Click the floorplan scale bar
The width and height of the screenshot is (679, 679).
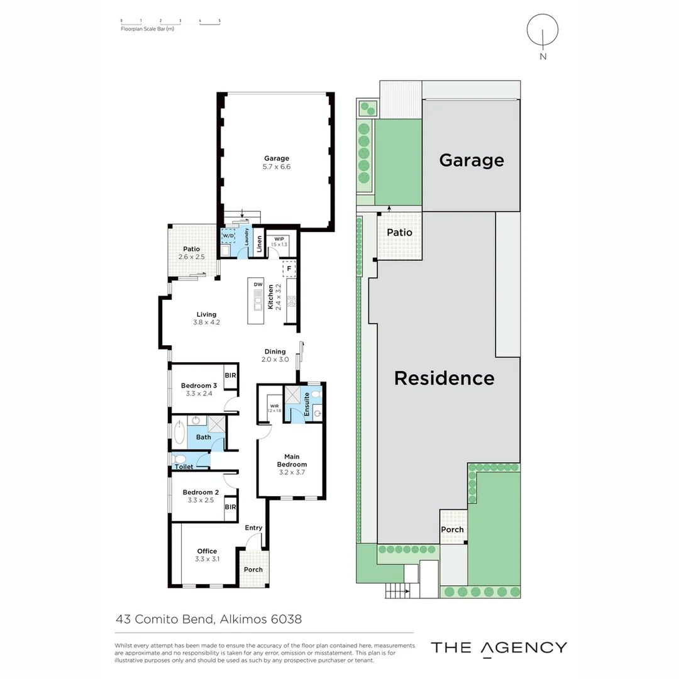(x=170, y=23)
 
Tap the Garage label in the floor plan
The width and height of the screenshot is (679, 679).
(x=277, y=158)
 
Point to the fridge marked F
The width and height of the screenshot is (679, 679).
(x=289, y=268)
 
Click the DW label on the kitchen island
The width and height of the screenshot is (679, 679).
(x=257, y=285)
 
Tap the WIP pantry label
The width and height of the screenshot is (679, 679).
(x=279, y=239)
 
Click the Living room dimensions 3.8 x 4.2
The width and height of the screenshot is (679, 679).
(x=206, y=323)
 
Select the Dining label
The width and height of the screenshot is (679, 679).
(x=275, y=351)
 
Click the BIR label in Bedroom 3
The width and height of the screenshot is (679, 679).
(x=230, y=375)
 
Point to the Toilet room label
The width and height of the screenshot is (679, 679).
(x=184, y=466)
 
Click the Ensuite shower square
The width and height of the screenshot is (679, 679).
(x=292, y=395)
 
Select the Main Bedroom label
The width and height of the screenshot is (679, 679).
(x=291, y=461)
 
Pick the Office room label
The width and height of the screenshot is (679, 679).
(x=207, y=551)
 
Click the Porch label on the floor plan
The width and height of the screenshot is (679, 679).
(x=253, y=570)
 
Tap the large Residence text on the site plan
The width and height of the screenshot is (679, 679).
(x=444, y=378)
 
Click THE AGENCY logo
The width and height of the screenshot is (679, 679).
(x=499, y=648)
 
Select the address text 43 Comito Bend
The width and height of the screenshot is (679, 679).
(x=167, y=619)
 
